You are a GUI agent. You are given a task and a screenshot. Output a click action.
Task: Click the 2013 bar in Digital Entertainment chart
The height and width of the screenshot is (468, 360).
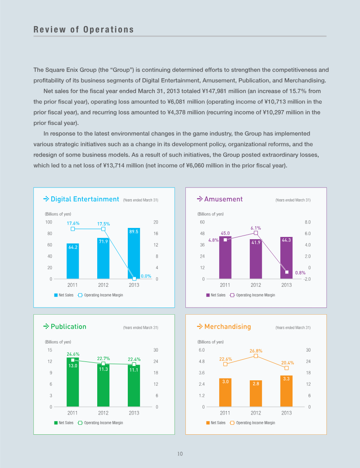coord(134,254)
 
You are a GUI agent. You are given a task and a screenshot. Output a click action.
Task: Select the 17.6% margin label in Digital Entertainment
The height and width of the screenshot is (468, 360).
coord(73,223)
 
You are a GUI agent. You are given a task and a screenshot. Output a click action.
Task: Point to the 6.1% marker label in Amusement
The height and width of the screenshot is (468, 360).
coord(256,228)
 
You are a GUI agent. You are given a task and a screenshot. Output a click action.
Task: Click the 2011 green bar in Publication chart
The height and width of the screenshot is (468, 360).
coord(72,382)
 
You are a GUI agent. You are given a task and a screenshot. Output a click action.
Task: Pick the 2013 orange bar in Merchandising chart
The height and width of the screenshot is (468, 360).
coord(286,391)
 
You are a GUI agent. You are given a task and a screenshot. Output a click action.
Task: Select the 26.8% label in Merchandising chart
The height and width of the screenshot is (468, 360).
coord(256,351)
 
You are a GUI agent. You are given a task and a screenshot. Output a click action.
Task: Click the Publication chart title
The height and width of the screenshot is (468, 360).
coord(68,326)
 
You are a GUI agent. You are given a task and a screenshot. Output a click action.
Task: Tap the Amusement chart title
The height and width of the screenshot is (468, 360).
coord(224,199)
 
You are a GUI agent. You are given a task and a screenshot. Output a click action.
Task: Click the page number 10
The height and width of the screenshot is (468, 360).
coord(180,454)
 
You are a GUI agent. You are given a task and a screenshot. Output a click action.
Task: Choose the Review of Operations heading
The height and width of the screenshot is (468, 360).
coord(84,30)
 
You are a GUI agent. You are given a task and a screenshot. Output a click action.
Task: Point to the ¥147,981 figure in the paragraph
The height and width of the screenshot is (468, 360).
coord(214,91)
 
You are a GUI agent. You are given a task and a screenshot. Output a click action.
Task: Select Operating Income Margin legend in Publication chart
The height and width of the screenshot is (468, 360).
coord(100,423)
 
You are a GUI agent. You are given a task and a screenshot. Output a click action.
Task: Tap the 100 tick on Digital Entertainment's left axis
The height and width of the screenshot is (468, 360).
coord(49,222)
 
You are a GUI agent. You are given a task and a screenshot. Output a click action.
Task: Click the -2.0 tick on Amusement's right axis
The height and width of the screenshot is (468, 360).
coord(307,279)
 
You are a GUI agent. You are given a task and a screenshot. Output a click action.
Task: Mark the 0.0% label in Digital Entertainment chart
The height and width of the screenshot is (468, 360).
coord(146,276)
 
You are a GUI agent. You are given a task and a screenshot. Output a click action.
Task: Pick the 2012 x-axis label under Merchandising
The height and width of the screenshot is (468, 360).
coord(256,413)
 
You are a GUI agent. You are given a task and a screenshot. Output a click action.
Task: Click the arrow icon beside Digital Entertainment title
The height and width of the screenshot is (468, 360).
coord(46,199)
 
